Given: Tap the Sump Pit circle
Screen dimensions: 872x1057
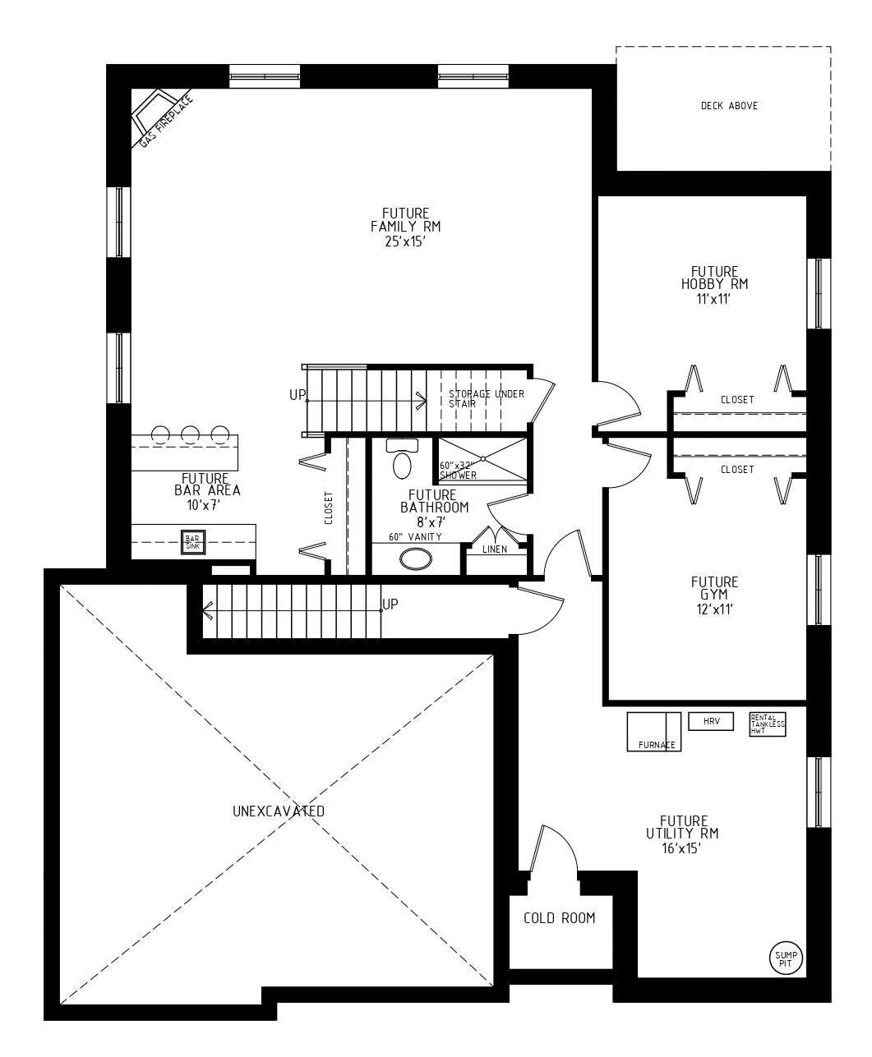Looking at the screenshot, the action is (786, 958).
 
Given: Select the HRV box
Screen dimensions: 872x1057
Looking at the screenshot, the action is (711, 721).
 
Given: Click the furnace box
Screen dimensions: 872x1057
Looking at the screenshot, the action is (653, 732).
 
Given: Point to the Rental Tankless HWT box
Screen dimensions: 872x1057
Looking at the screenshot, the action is (767, 724).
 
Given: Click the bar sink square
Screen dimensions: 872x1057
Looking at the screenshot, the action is (193, 542).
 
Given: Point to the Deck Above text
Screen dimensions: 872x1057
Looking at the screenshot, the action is (729, 106).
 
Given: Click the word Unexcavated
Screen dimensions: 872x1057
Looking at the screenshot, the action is (279, 811).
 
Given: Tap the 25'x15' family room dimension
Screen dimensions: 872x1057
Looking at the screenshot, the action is (405, 241).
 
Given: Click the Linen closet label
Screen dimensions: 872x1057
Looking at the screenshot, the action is (495, 549).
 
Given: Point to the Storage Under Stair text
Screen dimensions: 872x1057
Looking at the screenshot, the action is (487, 399).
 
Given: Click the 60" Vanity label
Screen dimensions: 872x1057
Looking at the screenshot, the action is (416, 536).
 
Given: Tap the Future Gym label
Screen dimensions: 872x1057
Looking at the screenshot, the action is (714, 588).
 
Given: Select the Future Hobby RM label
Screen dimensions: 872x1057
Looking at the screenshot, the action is (714, 278).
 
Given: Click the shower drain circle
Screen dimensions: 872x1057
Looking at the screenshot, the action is (483, 458).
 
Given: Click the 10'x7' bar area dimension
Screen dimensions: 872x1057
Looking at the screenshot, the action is (204, 505).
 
